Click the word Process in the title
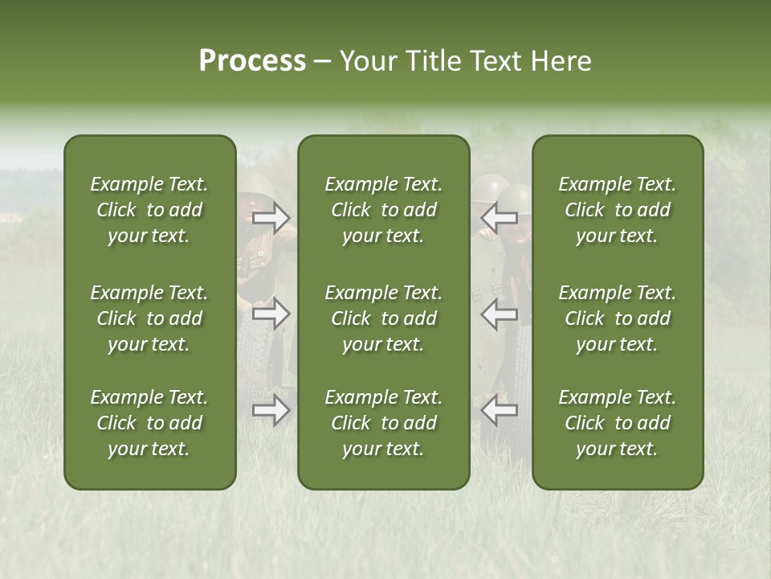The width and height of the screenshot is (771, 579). click(252, 61)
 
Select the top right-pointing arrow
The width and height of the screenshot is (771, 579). click(271, 217)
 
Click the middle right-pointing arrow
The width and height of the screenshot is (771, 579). click(271, 314)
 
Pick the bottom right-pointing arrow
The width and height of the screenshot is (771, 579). click(271, 410)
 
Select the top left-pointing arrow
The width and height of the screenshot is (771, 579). click(499, 217)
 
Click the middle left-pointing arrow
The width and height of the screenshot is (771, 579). click(499, 314)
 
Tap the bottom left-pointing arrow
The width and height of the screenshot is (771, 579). click(499, 410)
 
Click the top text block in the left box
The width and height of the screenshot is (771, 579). click(149, 210)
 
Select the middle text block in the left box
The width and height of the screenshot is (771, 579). click(149, 318)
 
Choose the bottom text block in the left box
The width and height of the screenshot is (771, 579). click(149, 423)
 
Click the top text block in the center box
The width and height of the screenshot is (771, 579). click(384, 210)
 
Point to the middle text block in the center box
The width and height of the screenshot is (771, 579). click(384, 318)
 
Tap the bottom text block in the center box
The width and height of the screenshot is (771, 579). click(384, 423)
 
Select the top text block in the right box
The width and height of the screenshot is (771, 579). click(618, 210)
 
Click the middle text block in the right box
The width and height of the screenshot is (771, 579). click(618, 318)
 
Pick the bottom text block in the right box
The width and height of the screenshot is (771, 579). click(618, 423)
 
